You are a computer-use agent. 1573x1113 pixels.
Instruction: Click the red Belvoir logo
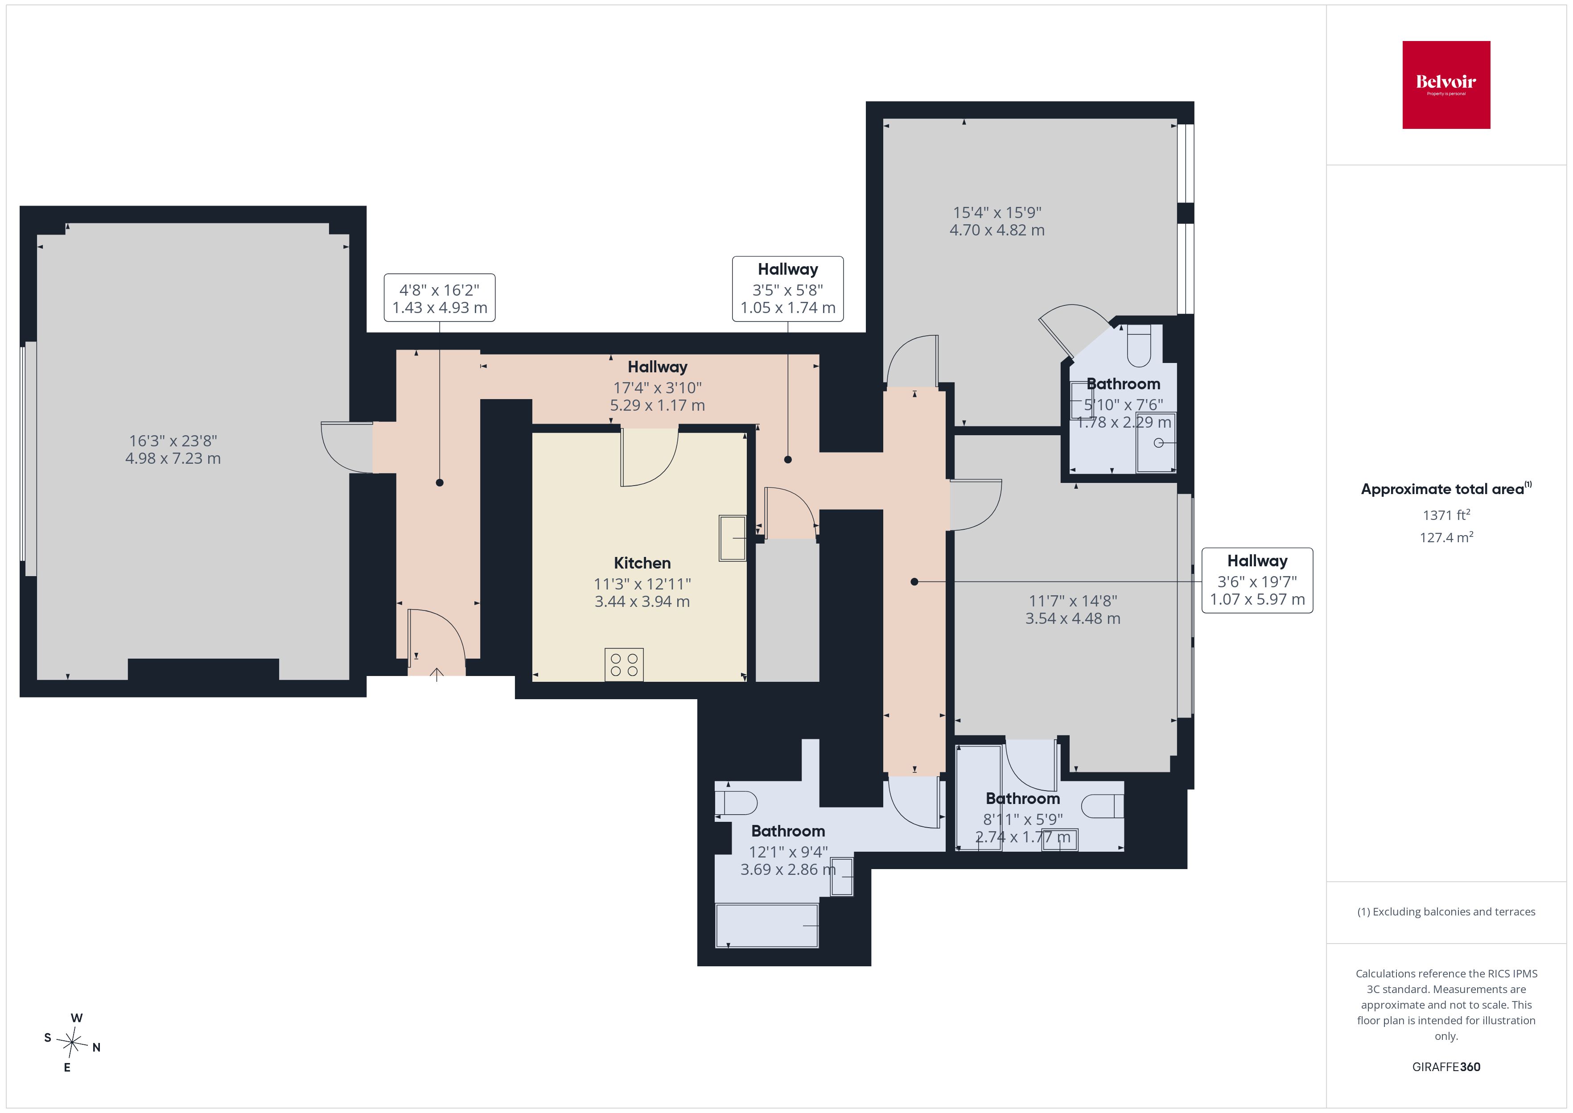[x=1446, y=85]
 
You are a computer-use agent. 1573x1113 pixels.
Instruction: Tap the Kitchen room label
[x=642, y=563]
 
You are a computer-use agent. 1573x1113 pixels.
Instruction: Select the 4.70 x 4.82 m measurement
[x=997, y=230]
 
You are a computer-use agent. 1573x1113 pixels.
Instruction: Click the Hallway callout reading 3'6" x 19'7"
[x=1257, y=581]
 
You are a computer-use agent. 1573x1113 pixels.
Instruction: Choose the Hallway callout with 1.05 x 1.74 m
[x=788, y=289]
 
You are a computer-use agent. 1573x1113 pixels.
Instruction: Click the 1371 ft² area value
[x=1446, y=515]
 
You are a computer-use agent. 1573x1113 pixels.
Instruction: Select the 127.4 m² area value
[x=1446, y=537]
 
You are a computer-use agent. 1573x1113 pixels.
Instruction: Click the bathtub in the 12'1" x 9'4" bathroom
[x=766, y=926]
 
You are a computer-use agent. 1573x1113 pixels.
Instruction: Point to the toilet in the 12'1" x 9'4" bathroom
[x=736, y=803]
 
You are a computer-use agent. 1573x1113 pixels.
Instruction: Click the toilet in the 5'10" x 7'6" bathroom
[x=1139, y=346]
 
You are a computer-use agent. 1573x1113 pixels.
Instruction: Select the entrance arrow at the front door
[x=437, y=674]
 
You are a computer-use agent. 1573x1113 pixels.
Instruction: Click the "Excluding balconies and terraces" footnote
[x=1446, y=911]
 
